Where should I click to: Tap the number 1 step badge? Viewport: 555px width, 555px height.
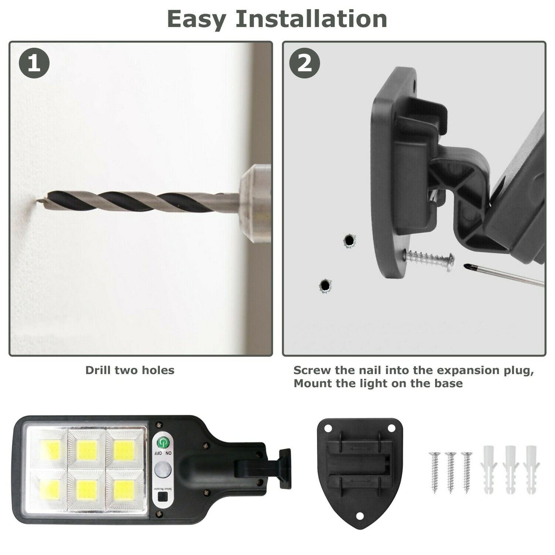click(34, 63)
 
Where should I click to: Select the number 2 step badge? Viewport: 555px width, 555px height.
click(305, 63)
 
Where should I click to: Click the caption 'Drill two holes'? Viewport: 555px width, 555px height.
click(130, 370)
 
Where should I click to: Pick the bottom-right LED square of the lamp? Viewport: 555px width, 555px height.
click(124, 490)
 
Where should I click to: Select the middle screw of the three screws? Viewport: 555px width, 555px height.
click(450, 472)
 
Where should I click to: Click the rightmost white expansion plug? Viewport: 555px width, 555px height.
click(531, 470)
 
